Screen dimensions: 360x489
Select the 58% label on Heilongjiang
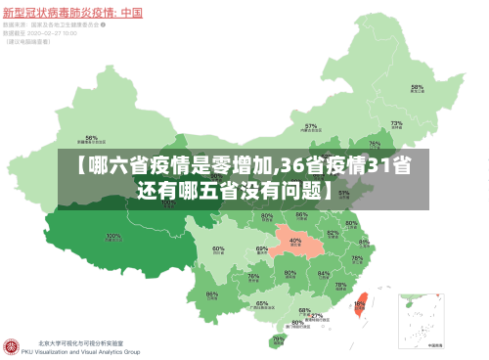(x=417, y=88)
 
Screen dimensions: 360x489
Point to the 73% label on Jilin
(x=397, y=125)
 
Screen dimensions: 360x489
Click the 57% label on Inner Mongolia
(x=311, y=127)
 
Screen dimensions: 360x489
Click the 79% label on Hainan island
(x=280, y=339)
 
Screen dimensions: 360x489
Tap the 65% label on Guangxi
(x=262, y=304)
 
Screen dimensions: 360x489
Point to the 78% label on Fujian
(x=340, y=287)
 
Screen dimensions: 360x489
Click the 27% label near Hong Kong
(x=317, y=316)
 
